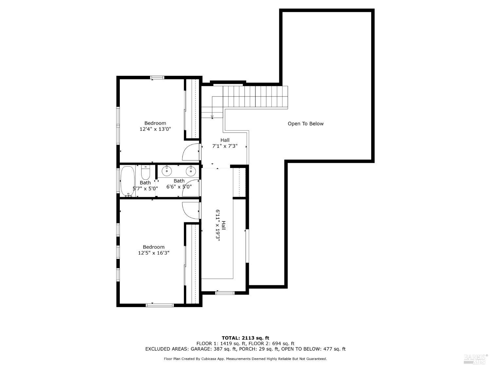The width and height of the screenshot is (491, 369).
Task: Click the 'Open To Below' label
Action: tap(305, 124)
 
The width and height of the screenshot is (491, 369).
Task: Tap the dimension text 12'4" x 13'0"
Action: tap(155, 129)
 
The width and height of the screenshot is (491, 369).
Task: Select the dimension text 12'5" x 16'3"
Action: tap(154, 253)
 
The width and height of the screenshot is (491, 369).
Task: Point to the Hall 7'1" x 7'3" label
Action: tap(225, 143)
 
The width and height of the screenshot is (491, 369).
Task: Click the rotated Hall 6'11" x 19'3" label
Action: tap(220, 225)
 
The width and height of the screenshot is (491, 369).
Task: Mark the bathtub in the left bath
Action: tap(127, 181)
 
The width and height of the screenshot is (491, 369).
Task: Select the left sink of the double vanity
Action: tap(167, 171)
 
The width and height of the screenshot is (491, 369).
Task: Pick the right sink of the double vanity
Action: tap(191, 171)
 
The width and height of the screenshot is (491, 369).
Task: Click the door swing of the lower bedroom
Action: tap(191, 210)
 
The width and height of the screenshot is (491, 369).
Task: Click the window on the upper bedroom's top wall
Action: tap(157, 78)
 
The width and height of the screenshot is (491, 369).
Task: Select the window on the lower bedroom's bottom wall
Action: tap(159, 305)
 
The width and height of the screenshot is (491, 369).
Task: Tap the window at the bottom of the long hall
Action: tap(225, 293)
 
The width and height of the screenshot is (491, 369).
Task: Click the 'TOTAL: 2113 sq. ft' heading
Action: tap(245, 338)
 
